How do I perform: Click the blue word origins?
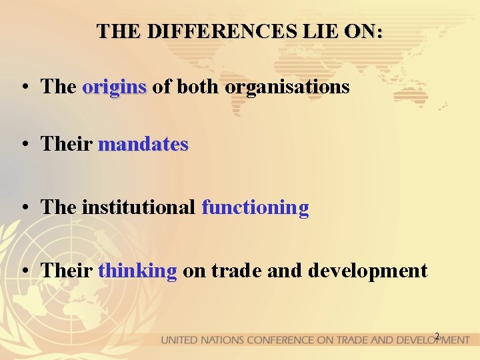[x=114, y=87]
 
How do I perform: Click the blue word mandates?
[x=143, y=144]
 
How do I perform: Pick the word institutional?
[x=139, y=207]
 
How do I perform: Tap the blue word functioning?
[x=255, y=207]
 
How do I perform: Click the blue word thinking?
[x=137, y=271]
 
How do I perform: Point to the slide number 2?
[x=437, y=336]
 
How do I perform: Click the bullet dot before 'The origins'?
[x=24, y=87]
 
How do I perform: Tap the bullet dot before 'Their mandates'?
[x=24, y=145]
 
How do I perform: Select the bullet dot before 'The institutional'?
[x=24, y=208]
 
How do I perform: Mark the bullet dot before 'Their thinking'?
[x=24, y=271]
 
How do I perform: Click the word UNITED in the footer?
[x=179, y=340]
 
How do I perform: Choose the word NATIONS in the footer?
[x=223, y=340]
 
